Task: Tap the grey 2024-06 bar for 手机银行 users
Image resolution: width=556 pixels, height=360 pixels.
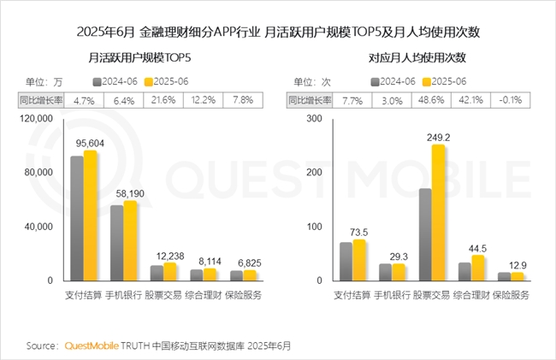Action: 116,243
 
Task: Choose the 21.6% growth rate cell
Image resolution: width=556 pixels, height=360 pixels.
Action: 163,100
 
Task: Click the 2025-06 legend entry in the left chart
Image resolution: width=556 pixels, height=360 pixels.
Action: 167,81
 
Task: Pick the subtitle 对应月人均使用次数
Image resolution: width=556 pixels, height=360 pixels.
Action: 417,59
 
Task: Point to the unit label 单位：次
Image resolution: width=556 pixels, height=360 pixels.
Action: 313,81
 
